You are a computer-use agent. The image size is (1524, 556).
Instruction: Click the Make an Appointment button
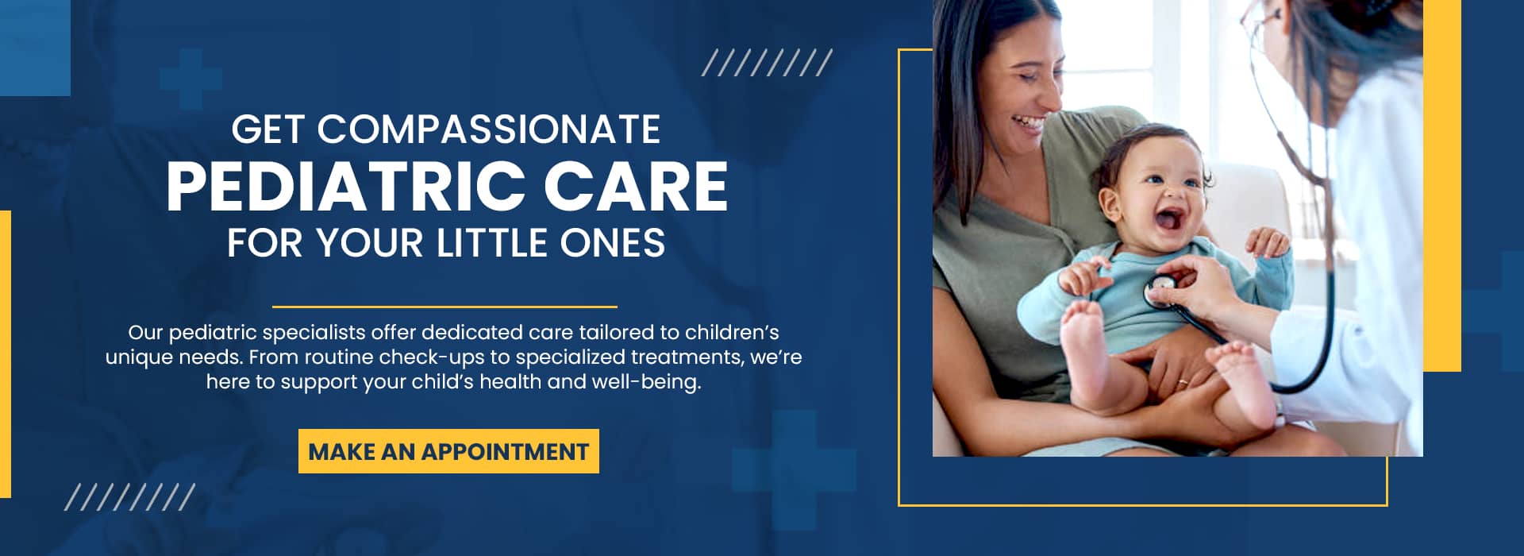448,451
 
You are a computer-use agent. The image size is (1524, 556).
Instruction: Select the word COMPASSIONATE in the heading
489,129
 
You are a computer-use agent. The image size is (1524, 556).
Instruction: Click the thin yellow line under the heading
444,307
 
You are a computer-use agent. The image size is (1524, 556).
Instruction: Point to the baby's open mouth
1168,220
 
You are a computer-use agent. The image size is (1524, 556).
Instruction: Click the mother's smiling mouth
1028,122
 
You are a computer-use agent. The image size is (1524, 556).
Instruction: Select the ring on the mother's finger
1182,382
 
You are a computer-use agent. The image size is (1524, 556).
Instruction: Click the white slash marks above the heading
767,63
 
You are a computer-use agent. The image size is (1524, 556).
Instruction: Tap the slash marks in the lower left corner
129,497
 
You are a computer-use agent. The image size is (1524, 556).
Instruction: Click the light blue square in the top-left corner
35,48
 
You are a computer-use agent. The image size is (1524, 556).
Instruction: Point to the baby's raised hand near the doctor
1268,242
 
